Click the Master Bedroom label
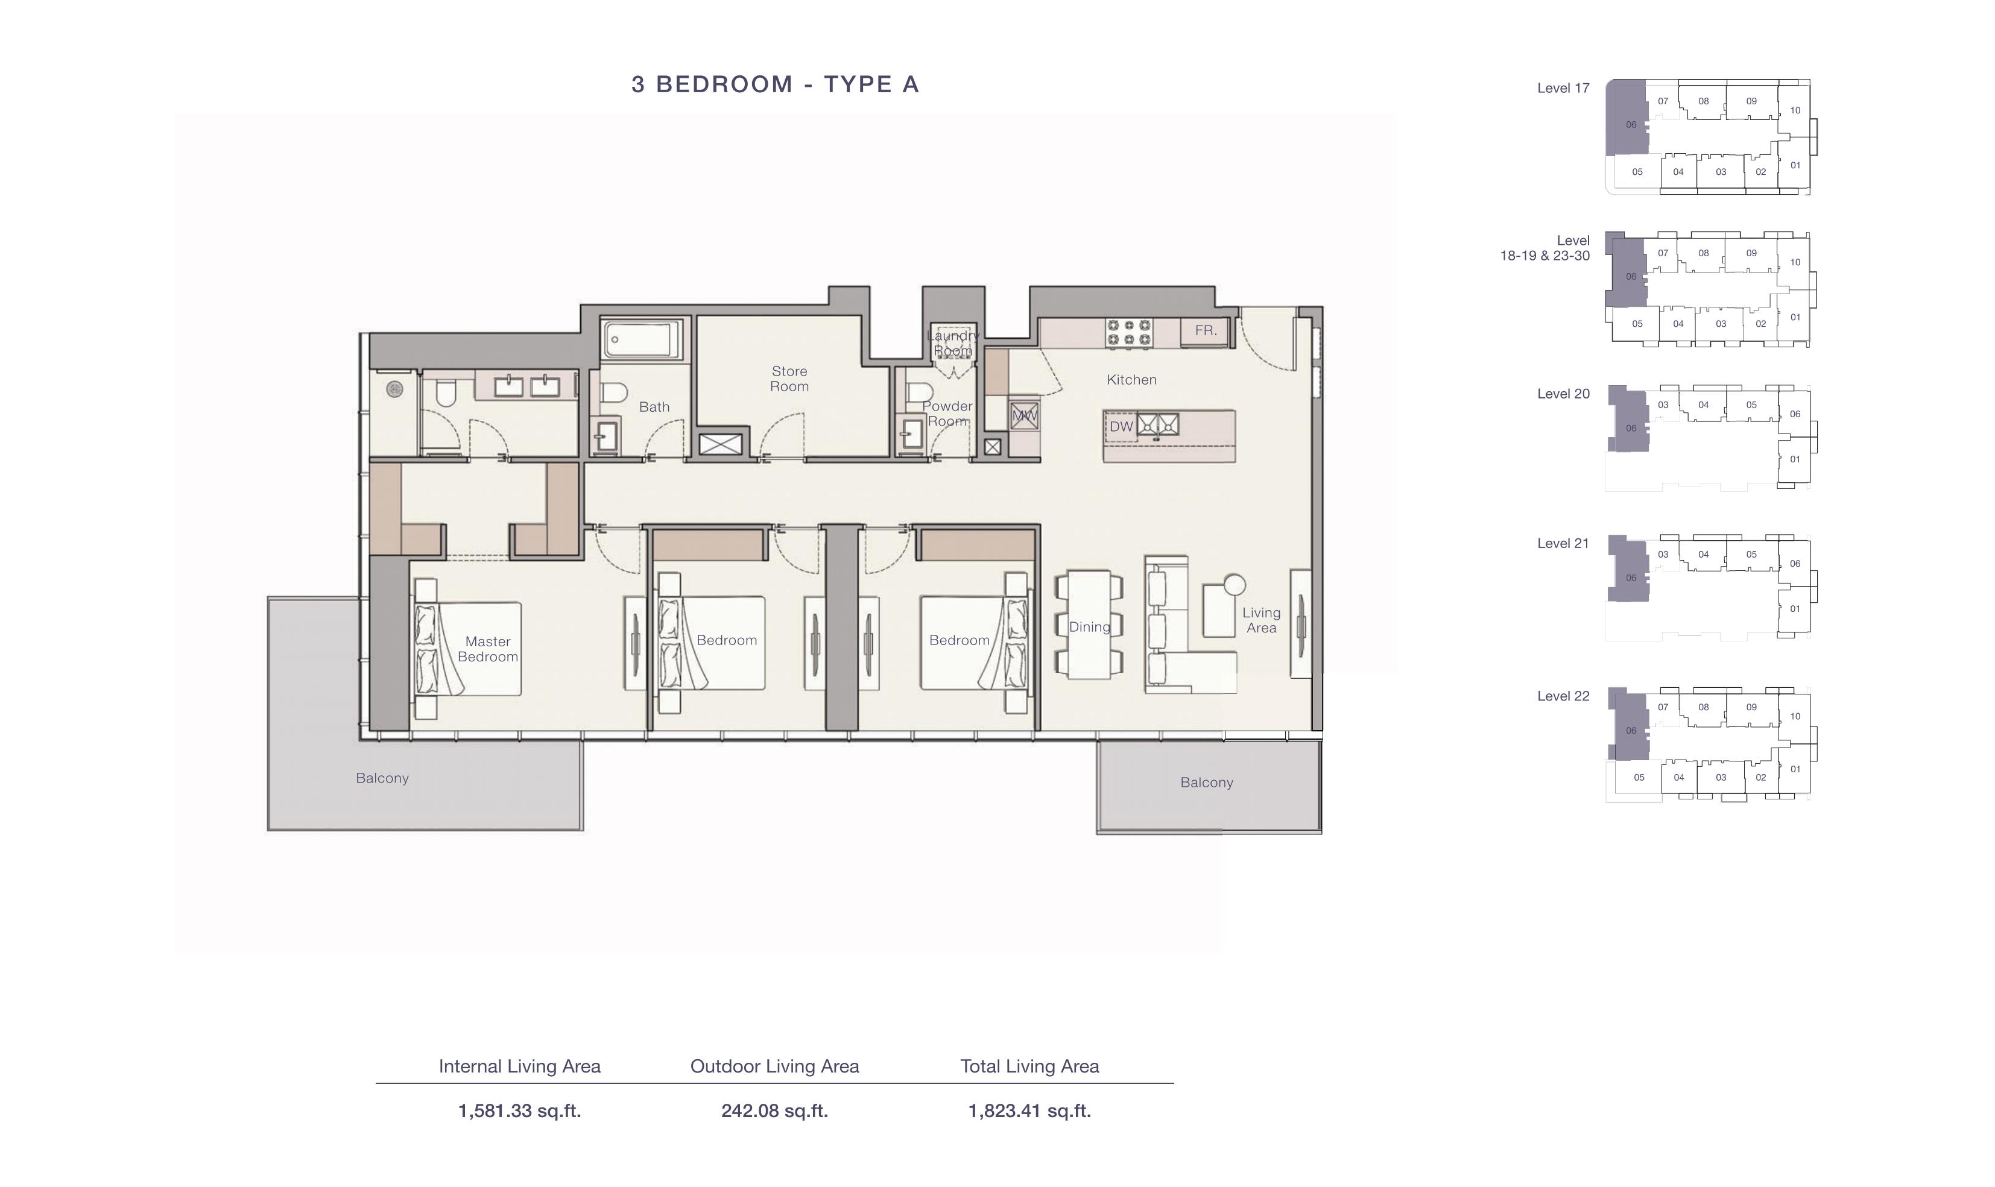(x=488, y=649)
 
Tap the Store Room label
(x=789, y=379)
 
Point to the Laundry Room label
(x=953, y=343)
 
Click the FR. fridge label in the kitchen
(x=1206, y=330)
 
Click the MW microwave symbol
(x=1024, y=416)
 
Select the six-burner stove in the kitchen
(x=1129, y=333)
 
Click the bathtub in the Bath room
(x=642, y=340)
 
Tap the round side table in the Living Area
(x=1235, y=585)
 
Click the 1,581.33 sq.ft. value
(x=519, y=1110)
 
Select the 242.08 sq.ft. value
(x=774, y=1110)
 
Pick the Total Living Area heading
(x=1029, y=1066)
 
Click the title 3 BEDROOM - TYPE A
(x=775, y=84)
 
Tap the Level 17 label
(x=1563, y=88)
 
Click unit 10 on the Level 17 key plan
(x=1795, y=110)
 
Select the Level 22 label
(x=1563, y=696)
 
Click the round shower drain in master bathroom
(x=394, y=389)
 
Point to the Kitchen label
(x=1131, y=380)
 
